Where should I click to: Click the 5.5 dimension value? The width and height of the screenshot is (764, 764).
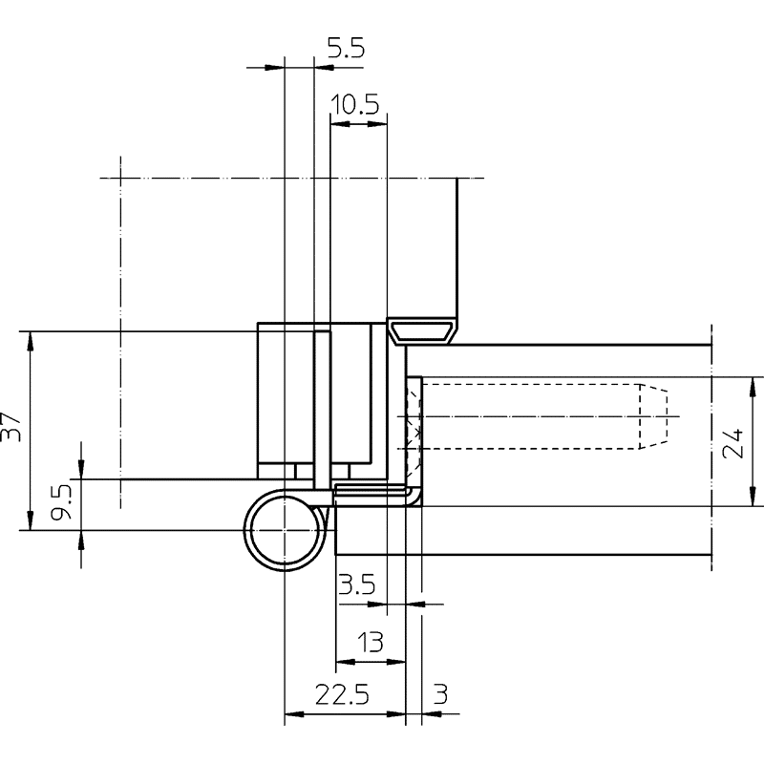pos(346,49)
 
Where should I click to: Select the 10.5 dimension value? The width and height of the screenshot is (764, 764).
pos(354,105)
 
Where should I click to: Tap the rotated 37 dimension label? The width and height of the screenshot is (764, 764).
pos(11,427)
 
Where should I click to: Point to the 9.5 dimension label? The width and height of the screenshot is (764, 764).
pos(62,500)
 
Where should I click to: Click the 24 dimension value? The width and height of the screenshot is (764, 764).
pos(733,443)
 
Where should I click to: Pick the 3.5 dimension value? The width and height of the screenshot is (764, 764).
pos(357,584)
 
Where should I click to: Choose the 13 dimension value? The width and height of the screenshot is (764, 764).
pos(371,642)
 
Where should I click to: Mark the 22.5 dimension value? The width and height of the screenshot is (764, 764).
pos(342,694)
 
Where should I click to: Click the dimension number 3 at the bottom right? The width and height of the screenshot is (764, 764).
pos(440,694)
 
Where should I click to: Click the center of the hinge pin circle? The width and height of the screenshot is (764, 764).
pos(285,530)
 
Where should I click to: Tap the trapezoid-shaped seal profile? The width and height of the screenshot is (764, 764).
pos(422,330)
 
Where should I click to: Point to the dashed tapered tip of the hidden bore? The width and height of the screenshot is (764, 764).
pos(653,416)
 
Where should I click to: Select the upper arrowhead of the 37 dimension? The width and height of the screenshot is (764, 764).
pos(31,341)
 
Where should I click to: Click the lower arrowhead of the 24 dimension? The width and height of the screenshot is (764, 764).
pos(753,497)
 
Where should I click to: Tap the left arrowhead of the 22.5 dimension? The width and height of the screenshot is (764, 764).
pos(294,714)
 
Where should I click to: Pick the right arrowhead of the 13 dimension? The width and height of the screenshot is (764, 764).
pos(396,662)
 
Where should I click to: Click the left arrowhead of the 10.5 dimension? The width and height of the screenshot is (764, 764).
pos(340,124)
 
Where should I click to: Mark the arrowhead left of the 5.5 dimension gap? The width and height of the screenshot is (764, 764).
pos(274,67)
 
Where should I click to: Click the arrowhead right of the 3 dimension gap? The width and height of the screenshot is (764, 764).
pos(432,714)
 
